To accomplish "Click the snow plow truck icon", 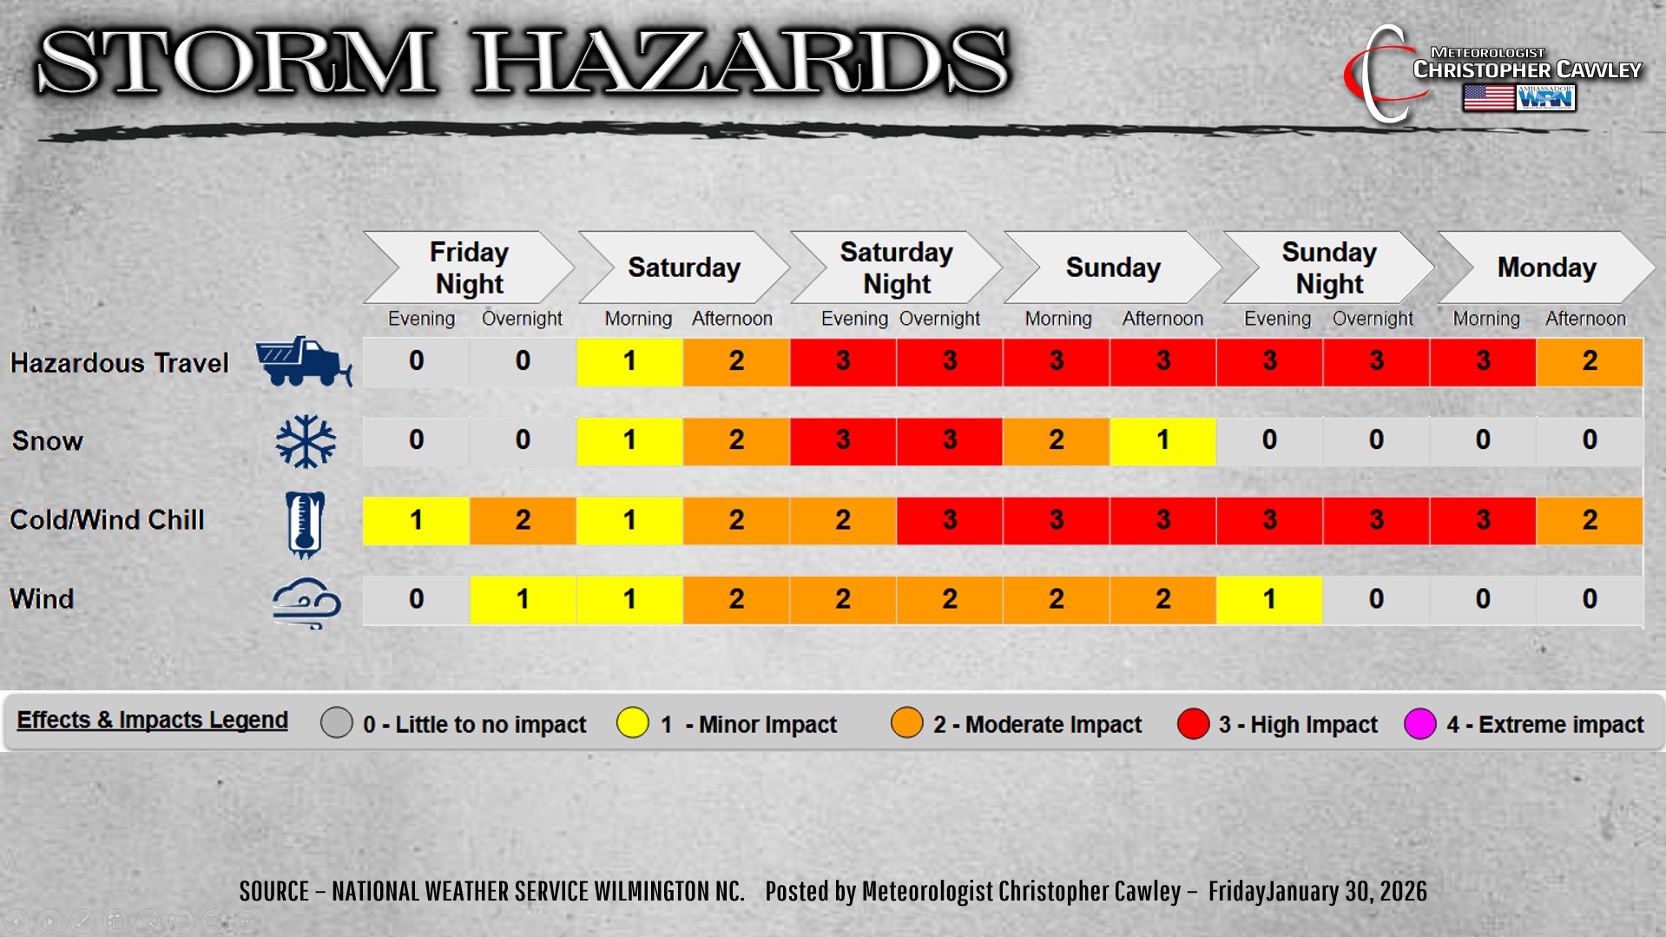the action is [x=304, y=361].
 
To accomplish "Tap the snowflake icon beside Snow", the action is [x=306, y=441].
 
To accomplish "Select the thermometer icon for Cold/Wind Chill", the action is [x=305, y=524].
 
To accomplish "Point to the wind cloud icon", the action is [x=306, y=603].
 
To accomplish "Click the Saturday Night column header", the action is [x=896, y=267].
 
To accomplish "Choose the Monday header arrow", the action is [x=1546, y=267].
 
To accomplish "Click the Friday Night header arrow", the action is [x=469, y=267].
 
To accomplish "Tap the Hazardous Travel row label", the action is [x=119, y=363].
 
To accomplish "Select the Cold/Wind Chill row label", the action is [x=107, y=520].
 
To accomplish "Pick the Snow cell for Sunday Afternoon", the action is [x=1162, y=441].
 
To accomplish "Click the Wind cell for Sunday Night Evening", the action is [x=1269, y=600].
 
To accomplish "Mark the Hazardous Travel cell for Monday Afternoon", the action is [x=1590, y=361].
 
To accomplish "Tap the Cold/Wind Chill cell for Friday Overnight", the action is [x=523, y=521].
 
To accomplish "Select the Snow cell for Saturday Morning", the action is [x=629, y=441].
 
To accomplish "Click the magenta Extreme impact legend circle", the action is [x=1420, y=723].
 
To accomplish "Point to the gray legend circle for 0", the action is [x=337, y=723].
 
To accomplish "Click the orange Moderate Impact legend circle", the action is [x=907, y=723].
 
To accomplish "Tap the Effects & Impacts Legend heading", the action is [x=153, y=720].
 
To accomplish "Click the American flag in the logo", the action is [x=1488, y=97].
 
